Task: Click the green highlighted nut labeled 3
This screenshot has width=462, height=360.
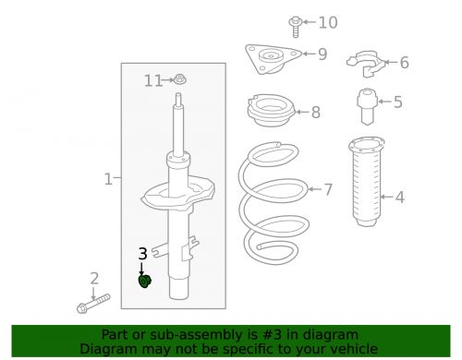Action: tap(145, 281)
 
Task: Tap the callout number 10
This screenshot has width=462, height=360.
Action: tap(328, 22)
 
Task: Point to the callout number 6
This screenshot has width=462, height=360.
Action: tap(403, 63)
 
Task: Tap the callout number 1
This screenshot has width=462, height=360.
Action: tap(107, 178)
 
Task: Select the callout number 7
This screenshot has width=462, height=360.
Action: tap(327, 190)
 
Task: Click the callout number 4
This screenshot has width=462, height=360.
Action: tap(399, 197)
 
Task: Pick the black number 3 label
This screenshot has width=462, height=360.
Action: tap(142, 254)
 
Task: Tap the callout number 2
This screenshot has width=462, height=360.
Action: tap(93, 278)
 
